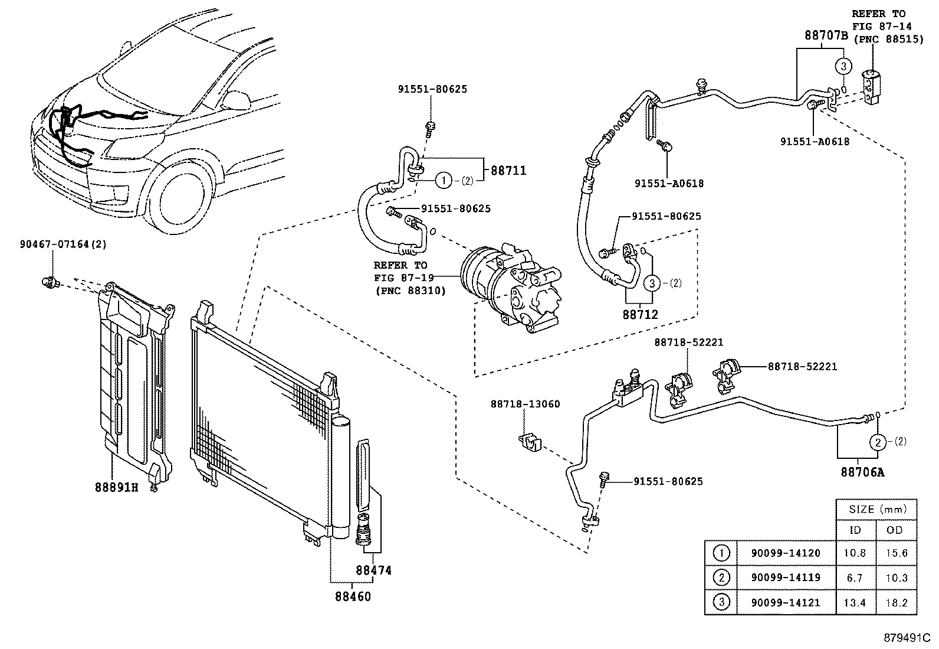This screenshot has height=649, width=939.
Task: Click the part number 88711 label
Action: click(x=508, y=170)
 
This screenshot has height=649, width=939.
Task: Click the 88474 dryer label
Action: click(x=373, y=570)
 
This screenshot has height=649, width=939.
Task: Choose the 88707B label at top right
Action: click(x=826, y=35)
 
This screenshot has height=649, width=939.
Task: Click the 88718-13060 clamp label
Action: click(x=524, y=404)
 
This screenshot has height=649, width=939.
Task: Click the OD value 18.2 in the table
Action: click(x=897, y=602)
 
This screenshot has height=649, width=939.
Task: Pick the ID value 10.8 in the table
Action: click(x=855, y=553)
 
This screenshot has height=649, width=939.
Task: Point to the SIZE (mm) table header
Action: click(x=876, y=509)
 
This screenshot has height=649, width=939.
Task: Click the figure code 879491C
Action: click(x=906, y=638)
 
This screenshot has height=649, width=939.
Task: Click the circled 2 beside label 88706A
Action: click(x=878, y=442)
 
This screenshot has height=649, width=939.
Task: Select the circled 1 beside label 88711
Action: click(x=444, y=181)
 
